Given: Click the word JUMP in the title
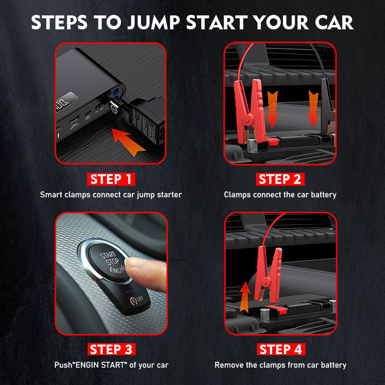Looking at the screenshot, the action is pos(154,23).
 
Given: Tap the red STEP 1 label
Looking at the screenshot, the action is pos(111,179).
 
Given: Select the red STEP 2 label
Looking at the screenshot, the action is pos(280,179).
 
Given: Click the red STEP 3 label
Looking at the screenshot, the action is pos(112,349).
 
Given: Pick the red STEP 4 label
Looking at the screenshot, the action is pos(281,349).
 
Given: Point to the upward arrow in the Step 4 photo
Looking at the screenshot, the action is pos(245,297).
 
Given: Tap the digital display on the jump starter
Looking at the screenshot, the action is pos(67,102).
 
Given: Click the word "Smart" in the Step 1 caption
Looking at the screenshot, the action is pos(51,195).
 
